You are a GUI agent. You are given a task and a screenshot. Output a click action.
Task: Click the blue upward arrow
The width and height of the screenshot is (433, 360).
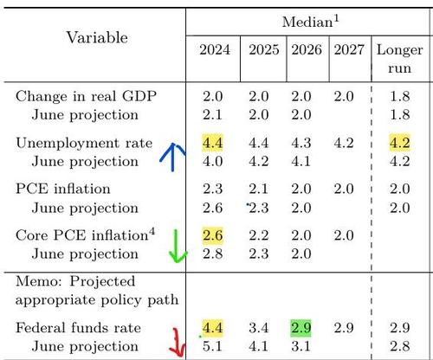172,157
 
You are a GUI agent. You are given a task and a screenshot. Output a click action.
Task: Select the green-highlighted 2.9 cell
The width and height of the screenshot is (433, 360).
301,328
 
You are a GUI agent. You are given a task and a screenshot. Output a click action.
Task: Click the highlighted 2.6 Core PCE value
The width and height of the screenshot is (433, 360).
212,235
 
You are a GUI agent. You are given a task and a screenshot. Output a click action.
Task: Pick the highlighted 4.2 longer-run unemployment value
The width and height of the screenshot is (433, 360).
399,143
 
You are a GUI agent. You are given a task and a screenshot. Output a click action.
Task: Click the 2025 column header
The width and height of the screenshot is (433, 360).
264,50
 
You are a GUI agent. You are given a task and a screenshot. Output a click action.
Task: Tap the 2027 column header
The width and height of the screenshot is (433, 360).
349,50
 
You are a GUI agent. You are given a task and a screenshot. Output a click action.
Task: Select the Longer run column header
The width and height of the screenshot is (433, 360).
400,59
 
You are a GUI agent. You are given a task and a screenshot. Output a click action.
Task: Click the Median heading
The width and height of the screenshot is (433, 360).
311,22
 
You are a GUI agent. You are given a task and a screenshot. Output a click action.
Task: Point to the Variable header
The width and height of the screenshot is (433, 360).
97,38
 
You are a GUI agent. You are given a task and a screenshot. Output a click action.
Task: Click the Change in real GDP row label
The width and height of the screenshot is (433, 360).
86,96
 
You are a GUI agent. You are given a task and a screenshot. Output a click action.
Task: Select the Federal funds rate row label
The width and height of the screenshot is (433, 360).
78,328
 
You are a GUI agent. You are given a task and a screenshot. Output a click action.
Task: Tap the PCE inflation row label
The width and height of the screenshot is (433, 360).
63,189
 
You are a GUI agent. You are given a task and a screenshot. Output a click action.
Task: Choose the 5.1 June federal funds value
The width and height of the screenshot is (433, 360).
212,346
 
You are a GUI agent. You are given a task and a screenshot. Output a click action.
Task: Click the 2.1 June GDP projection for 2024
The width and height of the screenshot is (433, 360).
212,115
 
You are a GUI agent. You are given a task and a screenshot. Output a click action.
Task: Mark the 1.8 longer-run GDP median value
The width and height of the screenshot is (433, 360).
400,96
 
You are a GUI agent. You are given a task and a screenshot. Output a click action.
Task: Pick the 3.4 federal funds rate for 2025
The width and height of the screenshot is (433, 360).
259,328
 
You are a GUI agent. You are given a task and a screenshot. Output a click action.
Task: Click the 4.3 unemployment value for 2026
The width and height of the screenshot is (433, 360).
301,143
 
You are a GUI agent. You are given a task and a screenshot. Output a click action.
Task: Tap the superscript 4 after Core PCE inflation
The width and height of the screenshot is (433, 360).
152,232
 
